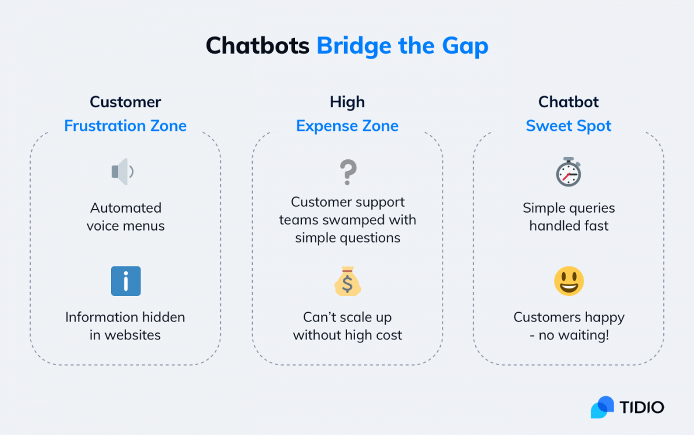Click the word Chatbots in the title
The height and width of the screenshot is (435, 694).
(x=257, y=46)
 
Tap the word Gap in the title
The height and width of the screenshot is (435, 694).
(x=465, y=47)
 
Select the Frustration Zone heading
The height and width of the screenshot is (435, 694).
(x=125, y=126)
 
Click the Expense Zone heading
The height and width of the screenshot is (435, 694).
(x=348, y=126)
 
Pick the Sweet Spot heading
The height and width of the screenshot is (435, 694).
(x=569, y=126)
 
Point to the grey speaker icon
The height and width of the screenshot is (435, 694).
(x=123, y=171)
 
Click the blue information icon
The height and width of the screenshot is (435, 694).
(x=126, y=281)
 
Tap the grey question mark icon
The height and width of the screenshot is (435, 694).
(x=348, y=172)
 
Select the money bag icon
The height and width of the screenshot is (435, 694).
(x=348, y=281)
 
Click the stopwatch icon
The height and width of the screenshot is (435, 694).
(x=569, y=171)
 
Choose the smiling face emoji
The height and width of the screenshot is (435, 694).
(x=569, y=281)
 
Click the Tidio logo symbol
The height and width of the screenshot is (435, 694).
(x=602, y=407)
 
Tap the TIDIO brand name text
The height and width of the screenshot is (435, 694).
(x=642, y=407)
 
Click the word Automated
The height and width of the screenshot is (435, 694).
(x=126, y=208)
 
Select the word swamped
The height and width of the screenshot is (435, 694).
(x=352, y=220)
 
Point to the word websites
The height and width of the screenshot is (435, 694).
(x=132, y=335)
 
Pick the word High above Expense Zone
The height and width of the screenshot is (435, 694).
(x=348, y=102)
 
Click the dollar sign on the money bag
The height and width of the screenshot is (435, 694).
(x=348, y=284)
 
